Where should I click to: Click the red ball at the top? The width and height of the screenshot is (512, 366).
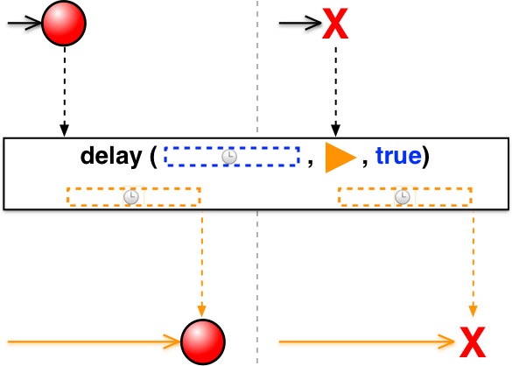coord(64,23)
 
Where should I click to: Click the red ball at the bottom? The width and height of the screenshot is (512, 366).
coord(203,341)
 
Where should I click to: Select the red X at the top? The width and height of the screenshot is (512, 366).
coord(335,24)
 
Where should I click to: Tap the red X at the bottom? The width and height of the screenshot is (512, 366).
coord(473,342)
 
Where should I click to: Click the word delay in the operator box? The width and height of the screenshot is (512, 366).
coord(111,156)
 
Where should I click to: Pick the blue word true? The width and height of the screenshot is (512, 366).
coord(398,156)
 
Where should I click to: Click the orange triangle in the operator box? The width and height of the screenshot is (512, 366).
coord(340,158)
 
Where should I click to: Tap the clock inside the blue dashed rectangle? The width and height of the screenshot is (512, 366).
coord(229,157)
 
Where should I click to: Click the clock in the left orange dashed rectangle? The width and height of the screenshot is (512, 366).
coord(131,197)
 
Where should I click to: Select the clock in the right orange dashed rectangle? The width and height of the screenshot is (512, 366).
coord(403,197)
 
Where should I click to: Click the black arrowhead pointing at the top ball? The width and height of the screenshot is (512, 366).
coord(35,23)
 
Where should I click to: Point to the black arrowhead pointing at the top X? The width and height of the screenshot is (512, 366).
coord(314,23)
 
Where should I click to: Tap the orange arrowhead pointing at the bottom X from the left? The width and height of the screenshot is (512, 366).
coord(446,341)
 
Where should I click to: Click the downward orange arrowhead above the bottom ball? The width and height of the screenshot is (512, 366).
coord(202,311)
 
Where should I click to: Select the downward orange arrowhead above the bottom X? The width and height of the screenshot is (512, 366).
coord(473,311)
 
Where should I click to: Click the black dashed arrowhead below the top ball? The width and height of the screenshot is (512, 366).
coord(64,130)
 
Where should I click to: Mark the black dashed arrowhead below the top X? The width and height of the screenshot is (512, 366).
coord(336,130)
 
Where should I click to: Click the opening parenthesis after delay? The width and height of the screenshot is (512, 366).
coord(153,157)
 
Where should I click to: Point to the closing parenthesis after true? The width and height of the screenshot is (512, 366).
coord(425,157)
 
